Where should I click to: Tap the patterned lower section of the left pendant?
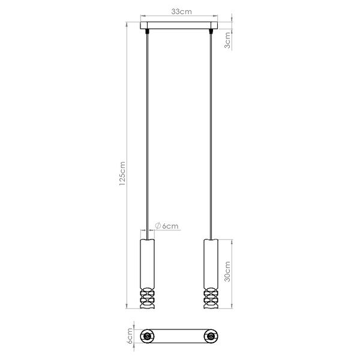click(x=146, y=298)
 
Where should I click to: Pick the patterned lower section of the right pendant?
click(x=211, y=298)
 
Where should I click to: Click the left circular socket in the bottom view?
click(x=146, y=337)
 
